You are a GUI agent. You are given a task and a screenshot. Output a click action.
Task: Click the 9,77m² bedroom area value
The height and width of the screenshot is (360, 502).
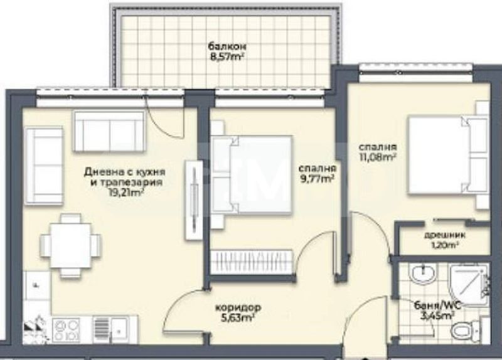[x=318, y=179]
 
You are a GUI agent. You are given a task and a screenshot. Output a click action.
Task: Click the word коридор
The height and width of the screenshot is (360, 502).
[x=238, y=308]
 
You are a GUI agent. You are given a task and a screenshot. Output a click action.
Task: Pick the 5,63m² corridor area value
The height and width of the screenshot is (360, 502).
[x=238, y=318]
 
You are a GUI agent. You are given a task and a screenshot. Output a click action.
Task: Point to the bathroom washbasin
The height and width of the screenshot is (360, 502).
[x=422, y=273]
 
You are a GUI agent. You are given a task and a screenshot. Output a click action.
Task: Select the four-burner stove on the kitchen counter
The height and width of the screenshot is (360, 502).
[x=65, y=329]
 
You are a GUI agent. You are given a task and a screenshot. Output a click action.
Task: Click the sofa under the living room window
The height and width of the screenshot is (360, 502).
[x=109, y=131]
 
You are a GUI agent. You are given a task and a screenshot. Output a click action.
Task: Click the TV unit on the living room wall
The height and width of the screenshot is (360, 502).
[x=194, y=199]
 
